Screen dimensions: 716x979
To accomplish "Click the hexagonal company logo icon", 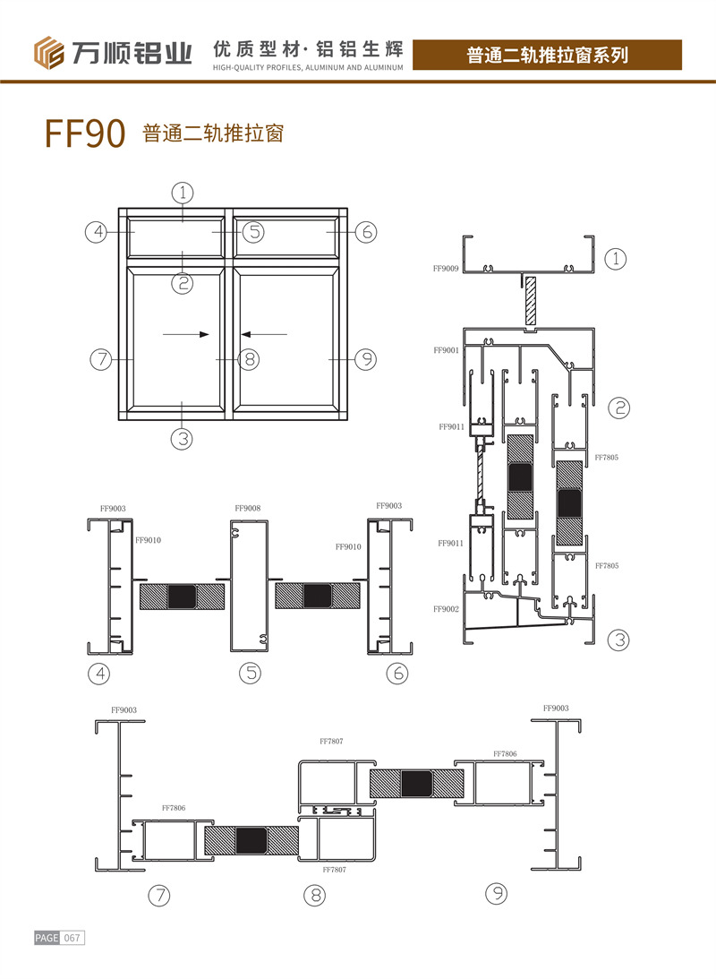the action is tap(48, 53).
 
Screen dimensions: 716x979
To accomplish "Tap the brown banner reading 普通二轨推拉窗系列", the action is tap(547, 55).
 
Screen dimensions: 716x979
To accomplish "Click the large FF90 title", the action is tap(85, 133).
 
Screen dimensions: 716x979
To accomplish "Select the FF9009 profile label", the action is tap(446, 269).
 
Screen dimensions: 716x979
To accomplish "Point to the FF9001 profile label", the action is tap(446, 350).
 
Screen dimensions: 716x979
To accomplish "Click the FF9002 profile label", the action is tap(446, 609).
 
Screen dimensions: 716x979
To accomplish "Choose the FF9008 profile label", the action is tap(248, 508).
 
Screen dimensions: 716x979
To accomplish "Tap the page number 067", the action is tap(72, 938).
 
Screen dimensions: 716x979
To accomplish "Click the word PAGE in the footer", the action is tap(47, 938).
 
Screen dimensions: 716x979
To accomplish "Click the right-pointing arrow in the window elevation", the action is tap(186, 335).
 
